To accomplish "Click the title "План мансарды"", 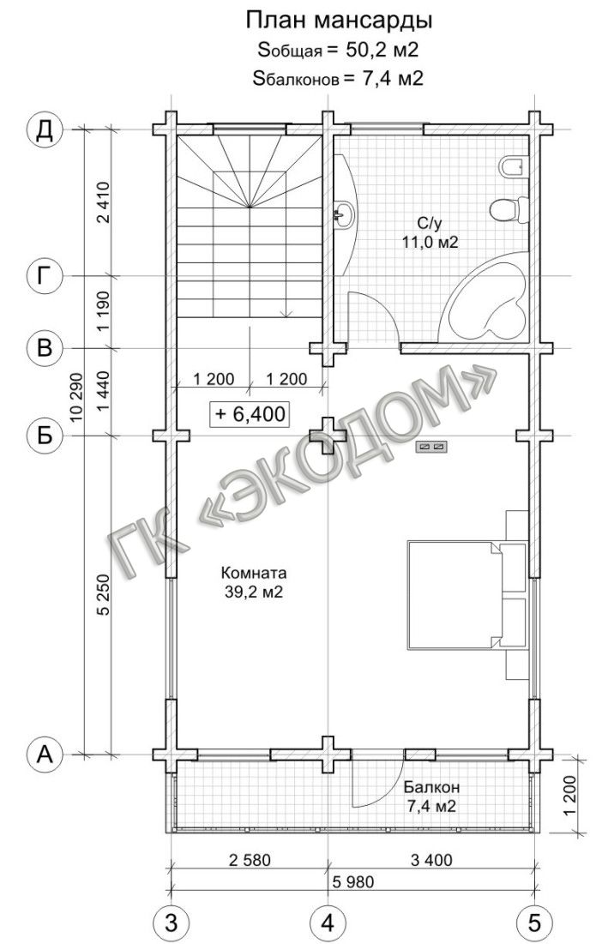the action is [339, 21].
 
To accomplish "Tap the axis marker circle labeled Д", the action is [45, 129].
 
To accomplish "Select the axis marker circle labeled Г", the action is [45, 276].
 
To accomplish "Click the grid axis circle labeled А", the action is [45, 754].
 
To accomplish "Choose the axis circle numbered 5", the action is [534, 922].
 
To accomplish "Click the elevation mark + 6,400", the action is [250, 414].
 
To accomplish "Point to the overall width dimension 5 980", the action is [352, 882].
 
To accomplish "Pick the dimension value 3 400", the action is [430, 860].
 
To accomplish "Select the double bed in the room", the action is [454, 593].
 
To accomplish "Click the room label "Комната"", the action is [254, 571].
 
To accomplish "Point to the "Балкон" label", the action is [431, 787].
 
